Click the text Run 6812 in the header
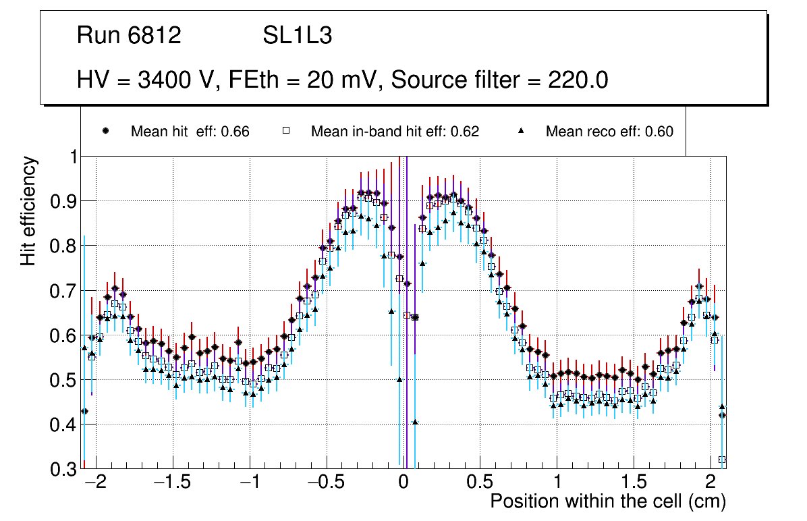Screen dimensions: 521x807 click(129, 36)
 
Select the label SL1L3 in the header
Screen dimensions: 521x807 click(297, 36)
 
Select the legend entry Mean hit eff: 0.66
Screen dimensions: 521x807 click(190, 132)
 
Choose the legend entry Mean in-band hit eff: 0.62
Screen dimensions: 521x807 click(395, 132)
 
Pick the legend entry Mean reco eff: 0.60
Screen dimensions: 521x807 click(609, 132)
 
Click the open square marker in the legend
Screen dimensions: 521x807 click(286, 132)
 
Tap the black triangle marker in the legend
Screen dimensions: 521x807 click(521, 132)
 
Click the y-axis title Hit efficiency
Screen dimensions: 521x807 click(28, 211)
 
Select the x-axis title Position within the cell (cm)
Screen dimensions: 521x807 click(607, 501)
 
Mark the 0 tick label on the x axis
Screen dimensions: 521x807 click(404, 483)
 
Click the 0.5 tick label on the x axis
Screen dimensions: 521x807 click(480, 483)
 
